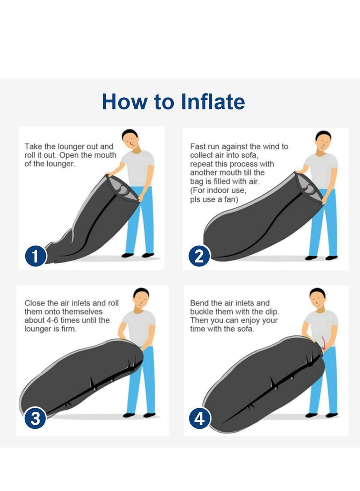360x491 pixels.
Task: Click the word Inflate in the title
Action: click(213, 101)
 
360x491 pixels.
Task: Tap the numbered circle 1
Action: click(36, 256)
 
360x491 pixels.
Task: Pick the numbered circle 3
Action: click(36, 418)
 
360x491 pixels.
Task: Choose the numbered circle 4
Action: click(200, 419)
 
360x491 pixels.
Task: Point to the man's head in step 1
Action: click(130, 140)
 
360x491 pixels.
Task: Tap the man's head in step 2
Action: click(323, 141)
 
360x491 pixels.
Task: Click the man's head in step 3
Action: click(141, 298)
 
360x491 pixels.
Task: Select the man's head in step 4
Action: click(317, 298)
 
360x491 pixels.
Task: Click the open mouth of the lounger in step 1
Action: click(122, 188)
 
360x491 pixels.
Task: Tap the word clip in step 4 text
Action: click(271, 312)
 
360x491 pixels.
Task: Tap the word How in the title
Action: click(124, 101)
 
